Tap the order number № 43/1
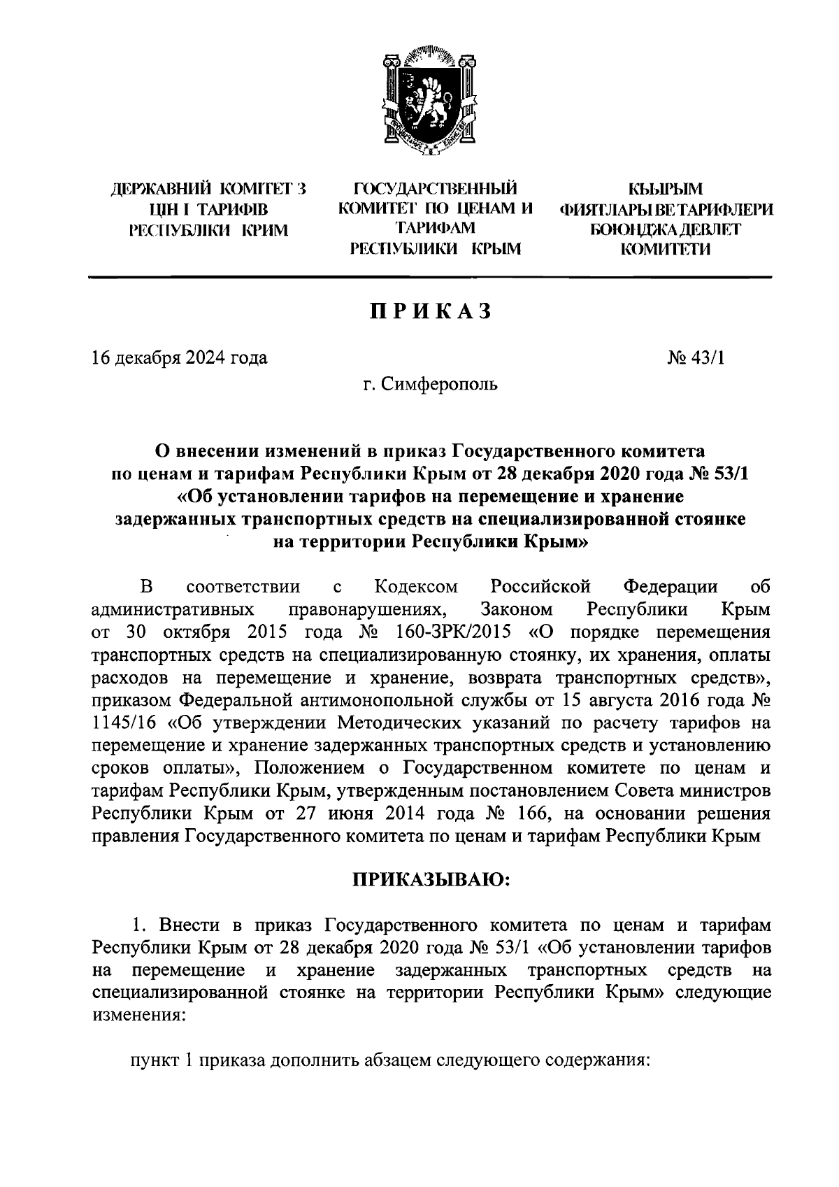click(697, 358)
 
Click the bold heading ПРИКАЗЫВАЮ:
click(431, 880)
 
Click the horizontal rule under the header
click(431, 278)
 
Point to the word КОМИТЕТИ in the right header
click(665, 248)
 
